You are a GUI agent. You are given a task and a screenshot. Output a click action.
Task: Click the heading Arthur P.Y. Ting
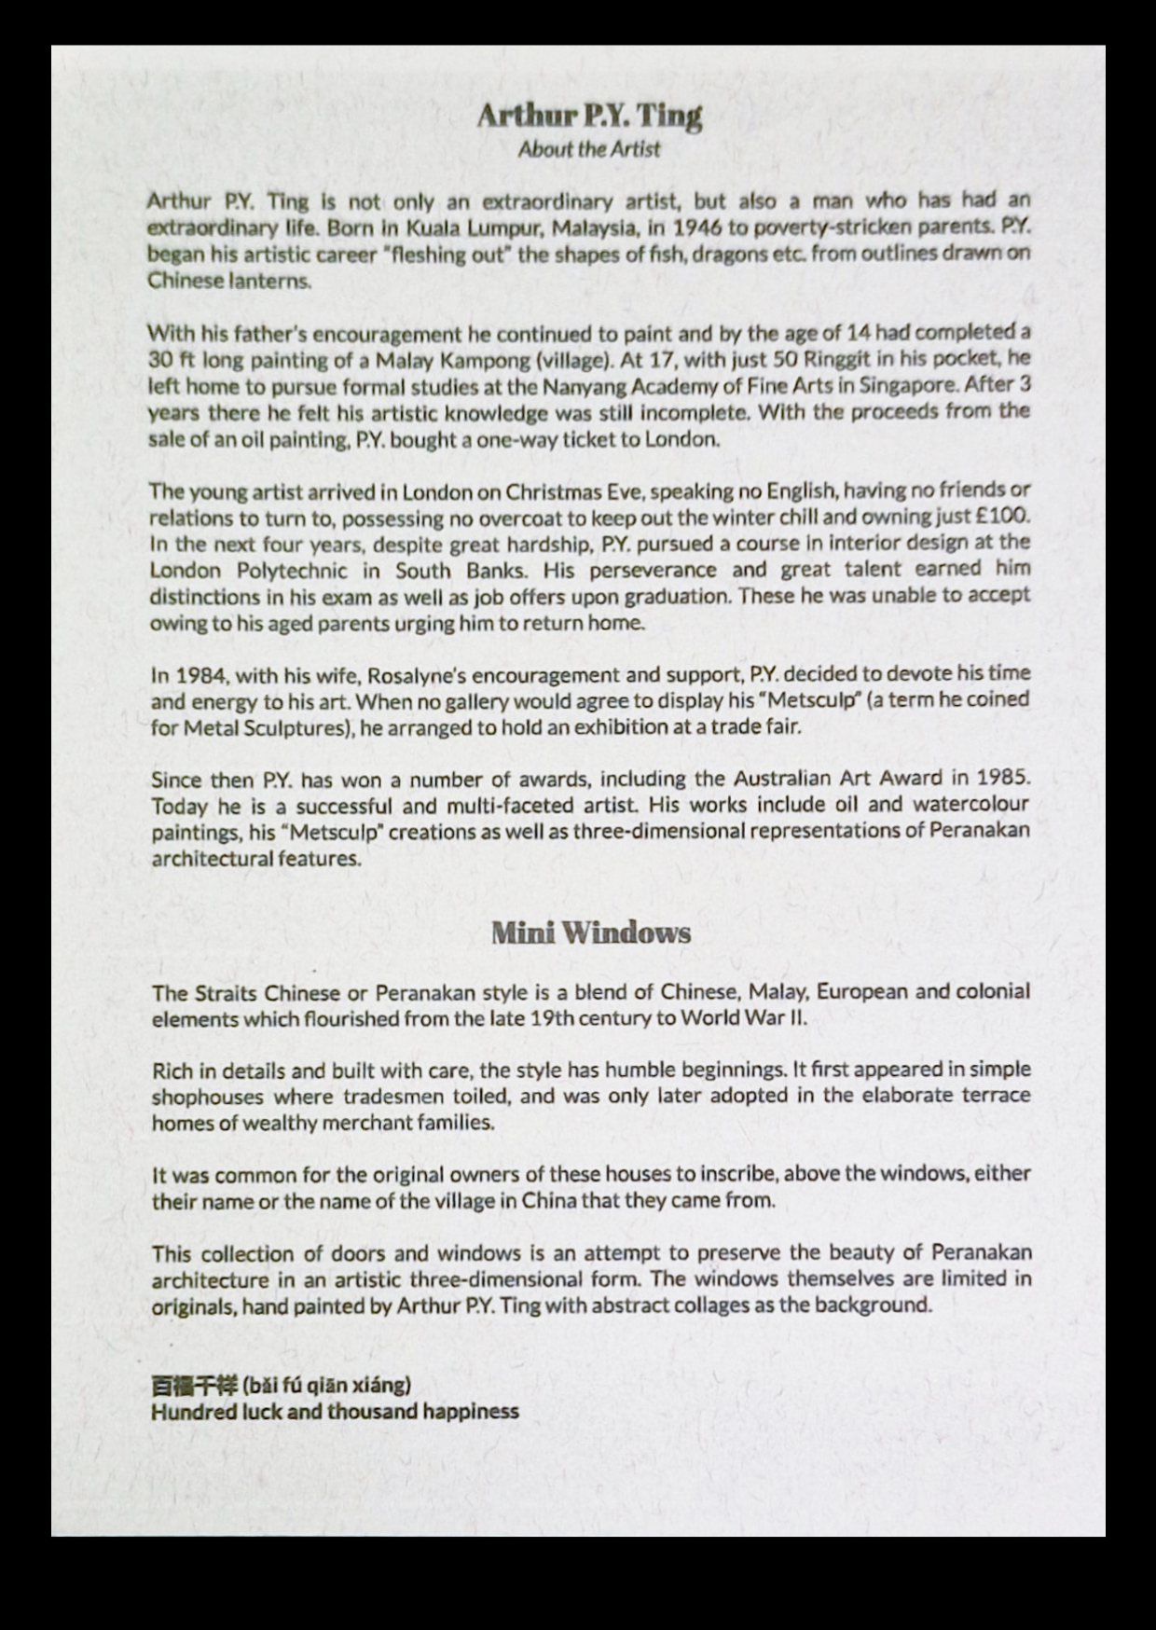click(x=589, y=117)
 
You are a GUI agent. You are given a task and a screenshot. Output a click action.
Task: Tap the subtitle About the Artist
click(x=589, y=149)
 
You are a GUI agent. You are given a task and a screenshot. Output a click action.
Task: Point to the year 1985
click(x=1003, y=778)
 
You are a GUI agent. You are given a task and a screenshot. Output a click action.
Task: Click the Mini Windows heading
click(x=591, y=932)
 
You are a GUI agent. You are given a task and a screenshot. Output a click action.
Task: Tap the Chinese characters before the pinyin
click(x=194, y=1385)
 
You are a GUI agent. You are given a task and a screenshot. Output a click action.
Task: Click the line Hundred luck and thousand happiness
click(x=335, y=1412)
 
